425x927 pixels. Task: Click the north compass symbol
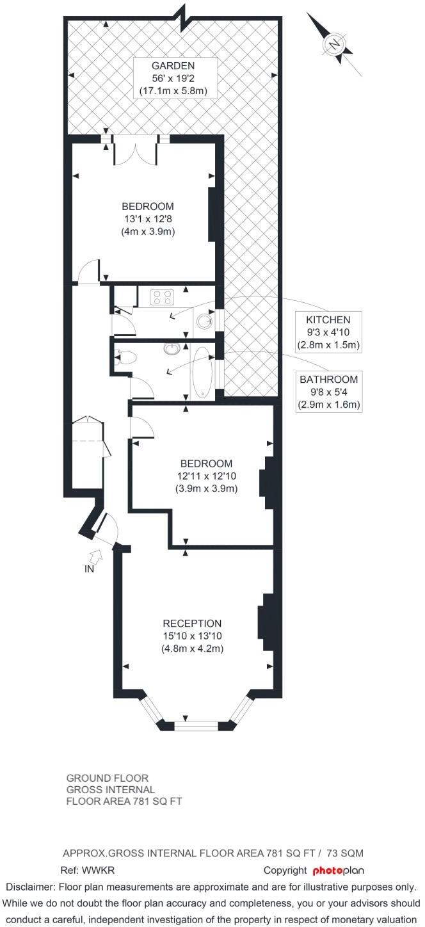334,44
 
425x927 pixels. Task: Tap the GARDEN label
173,66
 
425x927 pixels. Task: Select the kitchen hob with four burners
161,297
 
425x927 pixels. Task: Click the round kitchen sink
205,321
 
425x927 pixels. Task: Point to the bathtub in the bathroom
201,373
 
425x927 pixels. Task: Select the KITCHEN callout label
328,320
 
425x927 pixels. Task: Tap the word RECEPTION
192,624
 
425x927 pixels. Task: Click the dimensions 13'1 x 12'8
148,219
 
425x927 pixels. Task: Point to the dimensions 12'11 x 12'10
206,476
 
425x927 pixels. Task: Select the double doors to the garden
135,154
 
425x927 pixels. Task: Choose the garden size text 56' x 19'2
173,78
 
